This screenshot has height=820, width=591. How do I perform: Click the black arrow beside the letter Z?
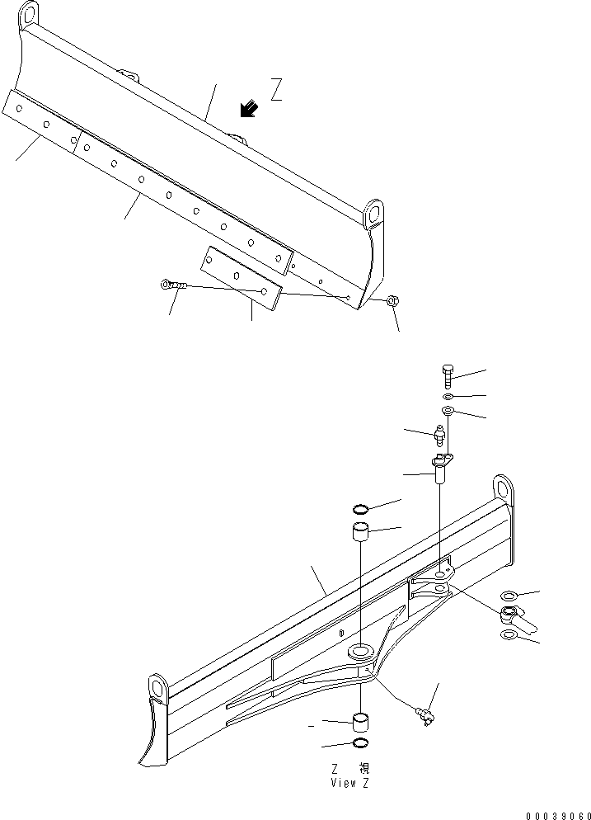click(246, 108)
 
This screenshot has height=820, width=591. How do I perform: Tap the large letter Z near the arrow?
click(276, 88)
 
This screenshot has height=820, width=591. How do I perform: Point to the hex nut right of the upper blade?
click(393, 302)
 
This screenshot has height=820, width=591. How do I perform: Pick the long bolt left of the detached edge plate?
click(175, 285)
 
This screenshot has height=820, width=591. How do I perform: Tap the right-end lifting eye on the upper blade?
click(374, 211)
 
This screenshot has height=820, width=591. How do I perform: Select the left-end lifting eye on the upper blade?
click(29, 14)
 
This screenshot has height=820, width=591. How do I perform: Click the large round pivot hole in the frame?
click(361, 653)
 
